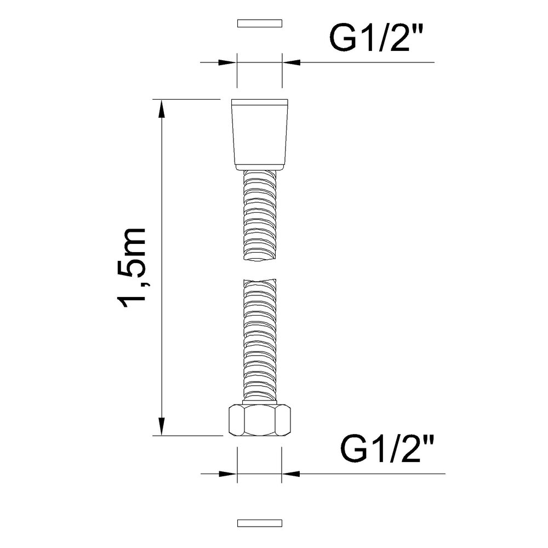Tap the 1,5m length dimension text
(x=132, y=268)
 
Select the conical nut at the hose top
(x=260, y=135)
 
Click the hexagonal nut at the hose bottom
(x=260, y=420)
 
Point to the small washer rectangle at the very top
(x=260, y=24)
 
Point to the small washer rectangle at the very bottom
(x=260, y=523)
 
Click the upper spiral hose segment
(x=260, y=215)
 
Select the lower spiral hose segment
(x=260, y=341)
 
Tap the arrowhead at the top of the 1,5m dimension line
(x=162, y=109)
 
